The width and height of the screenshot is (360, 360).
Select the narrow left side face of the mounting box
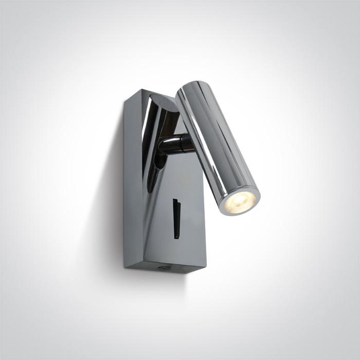(x=132, y=180)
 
